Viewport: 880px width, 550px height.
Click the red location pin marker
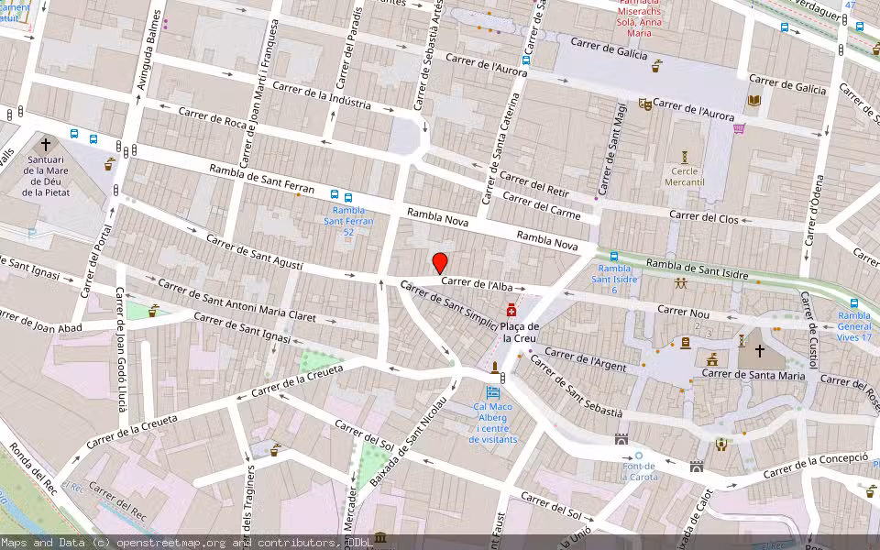pos(440,262)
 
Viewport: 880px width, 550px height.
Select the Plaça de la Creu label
pos(520,332)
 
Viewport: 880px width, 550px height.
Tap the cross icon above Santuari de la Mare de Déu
pos(45,145)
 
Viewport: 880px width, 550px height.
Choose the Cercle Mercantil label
pos(684,177)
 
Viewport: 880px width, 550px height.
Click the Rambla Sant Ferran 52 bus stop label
pos(347,221)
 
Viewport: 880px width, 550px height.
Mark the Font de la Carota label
pos(639,471)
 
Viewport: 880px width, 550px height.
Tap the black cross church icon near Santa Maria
pos(759,350)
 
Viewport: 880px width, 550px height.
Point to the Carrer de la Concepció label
pos(815,465)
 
